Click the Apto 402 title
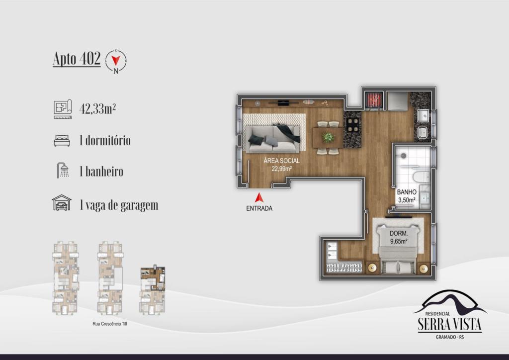click(x=77, y=59)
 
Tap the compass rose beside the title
click(x=116, y=61)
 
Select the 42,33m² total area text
click(x=98, y=109)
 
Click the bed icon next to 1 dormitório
click(x=62, y=141)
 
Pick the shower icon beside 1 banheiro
click(x=63, y=171)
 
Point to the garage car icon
click(x=62, y=203)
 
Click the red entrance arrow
click(x=258, y=198)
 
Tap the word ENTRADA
click(x=259, y=208)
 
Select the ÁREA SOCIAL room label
click(x=281, y=161)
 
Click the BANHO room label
click(x=407, y=192)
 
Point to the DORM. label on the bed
click(x=399, y=233)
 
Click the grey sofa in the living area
click(x=273, y=139)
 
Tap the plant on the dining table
click(x=328, y=137)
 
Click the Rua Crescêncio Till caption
click(x=110, y=324)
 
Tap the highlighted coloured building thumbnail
click(x=153, y=278)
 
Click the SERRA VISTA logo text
click(x=449, y=324)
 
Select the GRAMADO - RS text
click(x=449, y=337)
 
